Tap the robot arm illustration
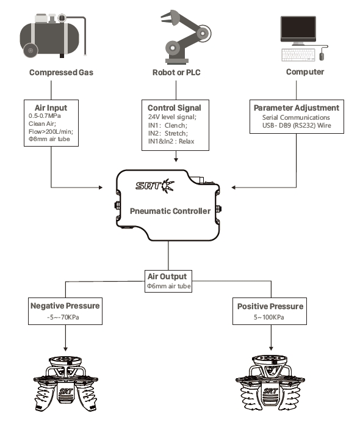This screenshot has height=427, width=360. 185,37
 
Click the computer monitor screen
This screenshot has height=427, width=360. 298,28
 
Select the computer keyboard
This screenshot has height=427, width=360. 298,55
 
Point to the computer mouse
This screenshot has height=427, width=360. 322,56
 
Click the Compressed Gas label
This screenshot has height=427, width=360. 61,73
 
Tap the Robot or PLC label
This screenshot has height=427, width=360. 176,73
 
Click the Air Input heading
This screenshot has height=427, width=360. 51,108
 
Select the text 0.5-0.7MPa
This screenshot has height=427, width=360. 45,115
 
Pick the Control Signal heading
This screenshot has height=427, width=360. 175,108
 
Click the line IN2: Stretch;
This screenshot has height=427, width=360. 168,133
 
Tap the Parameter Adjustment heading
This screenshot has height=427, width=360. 297,108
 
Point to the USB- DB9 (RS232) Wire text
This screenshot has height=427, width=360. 297,126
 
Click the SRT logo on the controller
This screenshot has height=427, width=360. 155,186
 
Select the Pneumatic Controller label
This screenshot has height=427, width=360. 170,211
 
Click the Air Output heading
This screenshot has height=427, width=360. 167,276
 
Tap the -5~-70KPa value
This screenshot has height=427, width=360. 63,317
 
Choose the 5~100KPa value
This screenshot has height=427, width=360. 269,317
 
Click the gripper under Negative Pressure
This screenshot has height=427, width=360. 65,384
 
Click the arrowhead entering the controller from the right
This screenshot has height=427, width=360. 233,188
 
